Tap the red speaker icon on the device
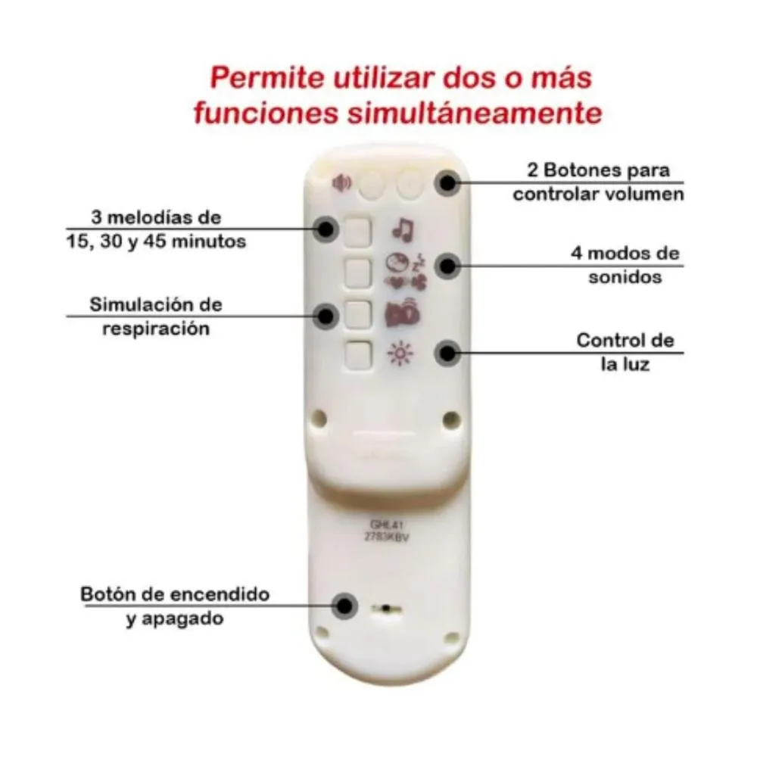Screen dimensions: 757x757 pyautogui.click(x=342, y=182)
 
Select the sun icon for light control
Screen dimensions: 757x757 pyautogui.click(x=399, y=354)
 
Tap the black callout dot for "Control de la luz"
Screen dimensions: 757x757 pyautogui.click(x=448, y=352)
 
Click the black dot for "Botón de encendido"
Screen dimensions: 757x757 pyautogui.click(x=345, y=605)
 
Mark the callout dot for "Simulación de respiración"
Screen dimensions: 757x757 pyautogui.click(x=327, y=315)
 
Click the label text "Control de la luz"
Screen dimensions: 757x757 pyautogui.click(x=625, y=351)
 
